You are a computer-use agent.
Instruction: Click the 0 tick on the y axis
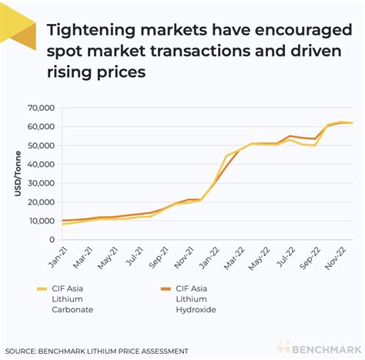pyautogui.click(x=51, y=240)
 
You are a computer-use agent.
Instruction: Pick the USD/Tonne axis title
pyautogui.click(x=18, y=173)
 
